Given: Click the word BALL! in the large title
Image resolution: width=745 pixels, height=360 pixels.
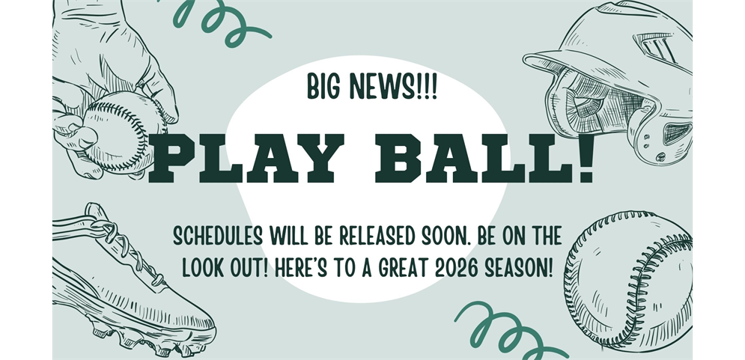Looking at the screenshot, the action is [x=484, y=158].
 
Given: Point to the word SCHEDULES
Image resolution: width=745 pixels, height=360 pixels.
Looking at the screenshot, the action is [x=218, y=236].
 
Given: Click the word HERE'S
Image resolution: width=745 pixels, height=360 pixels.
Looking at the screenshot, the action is [x=301, y=269].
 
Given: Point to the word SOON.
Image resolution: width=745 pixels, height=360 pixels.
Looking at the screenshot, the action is [x=444, y=236].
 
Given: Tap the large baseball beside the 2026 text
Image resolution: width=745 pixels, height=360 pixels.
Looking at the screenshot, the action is [x=628, y=281].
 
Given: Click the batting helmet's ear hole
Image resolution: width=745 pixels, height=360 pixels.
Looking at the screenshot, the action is [x=676, y=133].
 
